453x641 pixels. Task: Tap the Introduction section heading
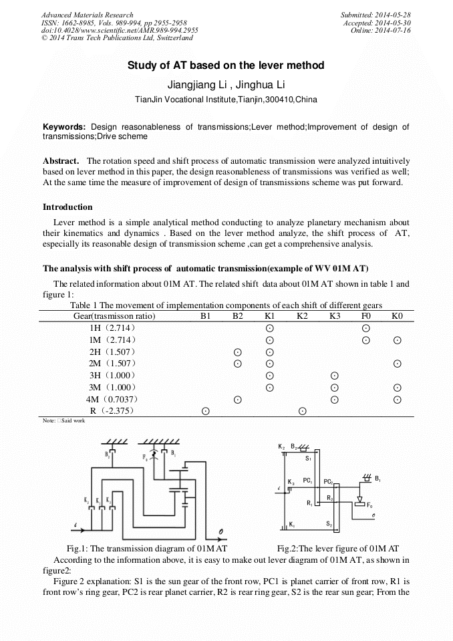tap(67, 207)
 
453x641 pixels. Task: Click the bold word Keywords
tap(64, 126)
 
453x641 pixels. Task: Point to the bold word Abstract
tap(61, 161)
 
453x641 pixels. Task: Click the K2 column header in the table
tap(302, 315)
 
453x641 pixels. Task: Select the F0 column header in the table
tap(365, 315)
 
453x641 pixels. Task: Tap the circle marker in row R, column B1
tap(205, 411)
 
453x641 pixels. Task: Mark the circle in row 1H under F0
tap(365, 328)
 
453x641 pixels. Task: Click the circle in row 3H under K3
tap(335, 376)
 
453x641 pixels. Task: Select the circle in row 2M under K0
tap(397, 364)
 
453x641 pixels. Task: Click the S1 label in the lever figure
tap(308, 459)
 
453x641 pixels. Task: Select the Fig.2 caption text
tap(338, 547)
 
